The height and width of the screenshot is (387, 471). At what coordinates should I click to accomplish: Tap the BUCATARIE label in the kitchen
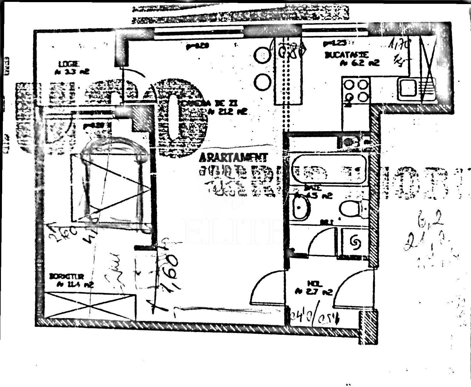(347, 55)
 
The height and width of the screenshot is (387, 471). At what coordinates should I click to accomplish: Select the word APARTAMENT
(233, 156)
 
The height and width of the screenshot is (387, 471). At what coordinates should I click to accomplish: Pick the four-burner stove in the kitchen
(356, 90)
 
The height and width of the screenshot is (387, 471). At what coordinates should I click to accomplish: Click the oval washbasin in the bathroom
(302, 207)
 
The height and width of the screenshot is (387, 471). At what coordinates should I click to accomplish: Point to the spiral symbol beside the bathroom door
(355, 242)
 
